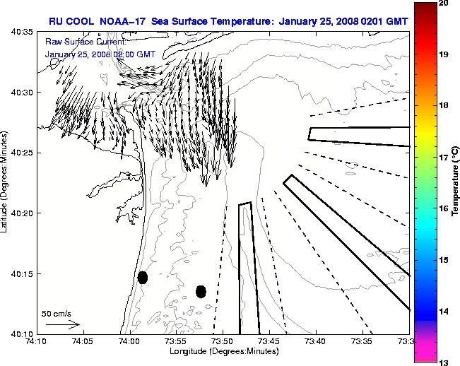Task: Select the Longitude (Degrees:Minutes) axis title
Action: click(x=223, y=351)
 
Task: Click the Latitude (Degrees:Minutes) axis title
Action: click(x=5, y=182)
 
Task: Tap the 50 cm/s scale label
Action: click(x=56, y=313)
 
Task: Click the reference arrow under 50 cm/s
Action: click(x=62, y=324)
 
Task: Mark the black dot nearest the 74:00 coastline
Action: click(x=143, y=277)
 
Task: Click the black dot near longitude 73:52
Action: click(x=201, y=291)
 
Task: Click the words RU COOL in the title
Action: click(x=71, y=20)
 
